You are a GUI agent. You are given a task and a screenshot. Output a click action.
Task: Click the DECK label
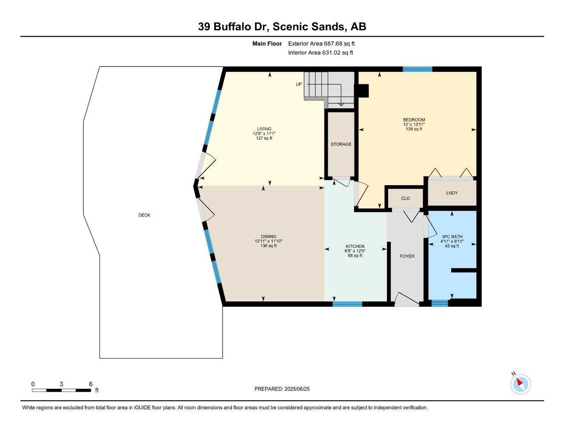point(144,215)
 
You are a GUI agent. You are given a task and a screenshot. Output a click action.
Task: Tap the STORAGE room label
point(341,144)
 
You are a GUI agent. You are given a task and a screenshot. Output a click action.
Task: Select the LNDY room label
point(452,193)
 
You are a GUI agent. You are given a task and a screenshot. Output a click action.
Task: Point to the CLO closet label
point(405,198)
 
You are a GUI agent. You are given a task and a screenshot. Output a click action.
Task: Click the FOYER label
point(407,256)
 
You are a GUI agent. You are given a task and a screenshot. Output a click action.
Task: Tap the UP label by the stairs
point(299,84)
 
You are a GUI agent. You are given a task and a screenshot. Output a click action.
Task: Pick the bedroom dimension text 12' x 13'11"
point(414,124)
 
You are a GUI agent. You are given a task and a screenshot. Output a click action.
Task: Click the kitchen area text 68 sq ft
point(355,255)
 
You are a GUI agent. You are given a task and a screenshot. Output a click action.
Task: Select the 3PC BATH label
point(452,236)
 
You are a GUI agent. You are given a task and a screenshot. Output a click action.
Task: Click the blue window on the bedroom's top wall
point(417,69)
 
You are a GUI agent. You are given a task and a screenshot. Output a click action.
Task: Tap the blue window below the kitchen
point(347,304)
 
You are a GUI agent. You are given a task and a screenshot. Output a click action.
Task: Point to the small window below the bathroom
point(440,303)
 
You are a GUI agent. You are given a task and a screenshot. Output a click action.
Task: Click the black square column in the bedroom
point(364,91)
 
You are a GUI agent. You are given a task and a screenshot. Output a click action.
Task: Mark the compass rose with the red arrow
point(521,384)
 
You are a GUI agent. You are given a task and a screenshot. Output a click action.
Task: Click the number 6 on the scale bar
point(91,384)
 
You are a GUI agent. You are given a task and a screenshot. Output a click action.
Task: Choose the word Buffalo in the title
point(241,26)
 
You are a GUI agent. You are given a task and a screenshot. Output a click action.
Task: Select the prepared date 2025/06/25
point(297,389)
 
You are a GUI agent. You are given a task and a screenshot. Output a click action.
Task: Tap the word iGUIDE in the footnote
point(143,408)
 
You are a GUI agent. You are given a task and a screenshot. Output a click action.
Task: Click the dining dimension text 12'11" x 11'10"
point(268,241)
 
